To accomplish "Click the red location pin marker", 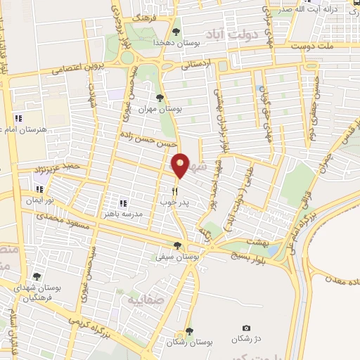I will point(181,165).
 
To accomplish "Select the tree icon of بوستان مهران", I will point(160,98).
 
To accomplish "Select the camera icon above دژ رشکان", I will point(246,328).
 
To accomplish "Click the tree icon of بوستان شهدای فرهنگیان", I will point(37,277).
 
